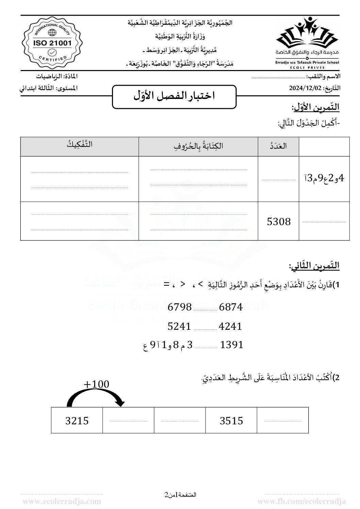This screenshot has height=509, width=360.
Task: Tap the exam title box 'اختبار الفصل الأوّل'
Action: pos(174,97)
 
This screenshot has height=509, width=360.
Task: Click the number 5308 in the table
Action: pos(279,222)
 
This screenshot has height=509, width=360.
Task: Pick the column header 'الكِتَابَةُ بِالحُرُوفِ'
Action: pos(198,146)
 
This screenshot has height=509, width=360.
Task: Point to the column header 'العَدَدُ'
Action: pos(278,146)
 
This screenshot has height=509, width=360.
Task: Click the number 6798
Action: pos(180,307)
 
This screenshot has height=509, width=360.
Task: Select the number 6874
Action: pos(231,307)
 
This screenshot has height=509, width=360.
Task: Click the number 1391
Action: pos(232,345)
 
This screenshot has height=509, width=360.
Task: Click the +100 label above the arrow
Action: pos(96,384)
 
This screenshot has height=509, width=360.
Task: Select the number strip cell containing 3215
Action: pos(77,421)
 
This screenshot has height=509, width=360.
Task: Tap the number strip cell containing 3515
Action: pos(231,421)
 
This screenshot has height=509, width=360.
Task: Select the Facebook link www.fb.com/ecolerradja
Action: pos(302,501)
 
